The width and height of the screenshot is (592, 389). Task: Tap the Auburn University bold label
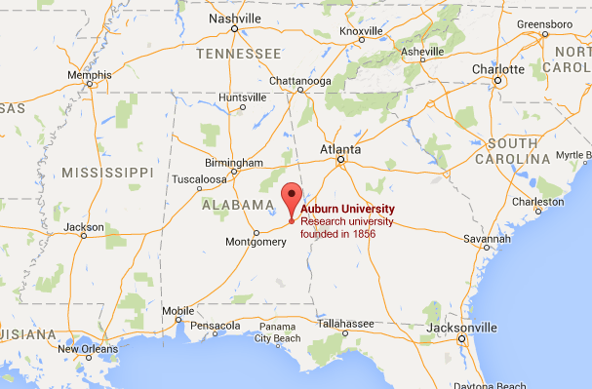click(x=347, y=209)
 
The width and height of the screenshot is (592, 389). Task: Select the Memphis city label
click(x=89, y=75)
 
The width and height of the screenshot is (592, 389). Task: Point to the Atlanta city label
click(x=340, y=149)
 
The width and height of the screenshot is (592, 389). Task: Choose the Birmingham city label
click(x=233, y=162)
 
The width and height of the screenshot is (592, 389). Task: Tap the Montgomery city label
click(x=255, y=242)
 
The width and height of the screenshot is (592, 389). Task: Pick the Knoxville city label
click(x=362, y=32)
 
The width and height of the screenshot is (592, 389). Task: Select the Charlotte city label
click(x=497, y=69)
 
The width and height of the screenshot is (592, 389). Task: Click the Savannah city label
click(x=486, y=238)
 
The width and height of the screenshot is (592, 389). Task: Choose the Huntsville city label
click(x=243, y=97)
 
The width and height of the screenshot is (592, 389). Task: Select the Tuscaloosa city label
click(x=198, y=179)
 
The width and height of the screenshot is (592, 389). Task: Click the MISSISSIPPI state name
click(x=106, y=172)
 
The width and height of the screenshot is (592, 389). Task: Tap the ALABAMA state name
click(x=237, y=206)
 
